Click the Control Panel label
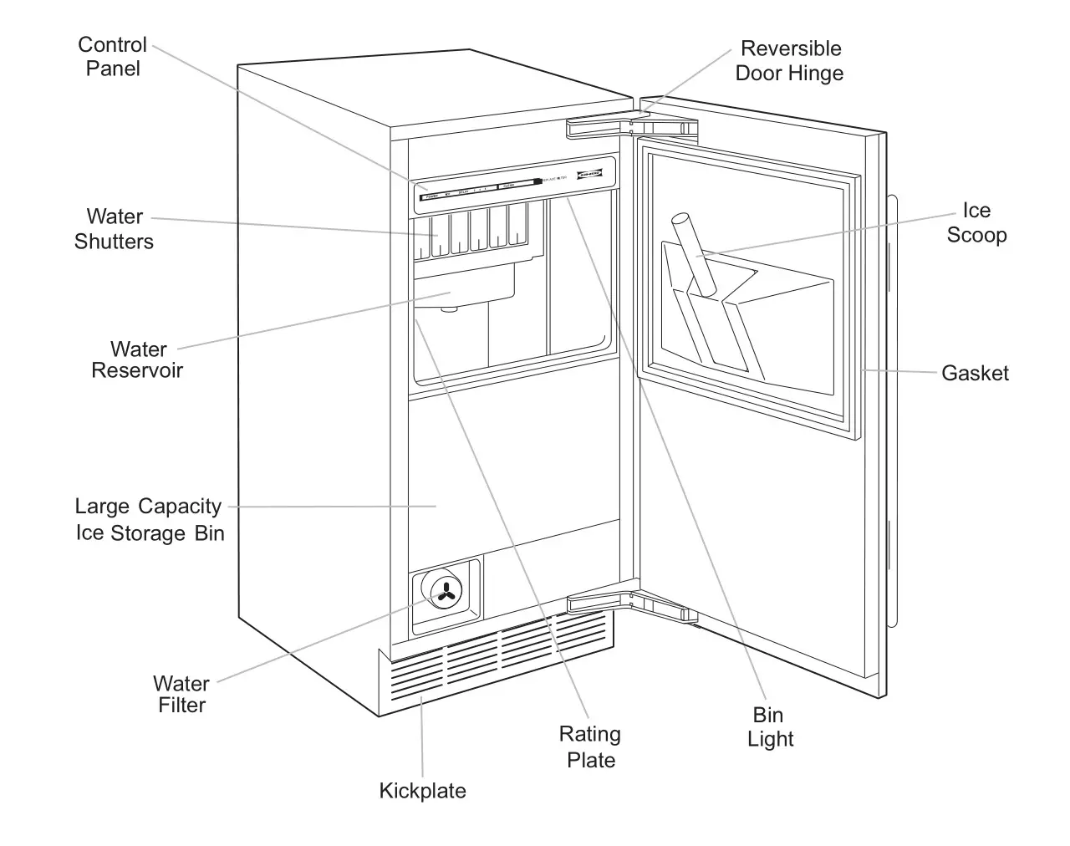tap(112, 57)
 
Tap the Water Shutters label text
tap(115, 229)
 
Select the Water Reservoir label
tap(137, 359)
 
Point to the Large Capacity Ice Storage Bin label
tap(149, 519)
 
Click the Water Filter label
tap(181, 694)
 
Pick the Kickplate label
tap(422, 791)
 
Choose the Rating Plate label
tap(590, 747)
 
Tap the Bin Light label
tap(769, 726)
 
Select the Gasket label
tap(975, 373)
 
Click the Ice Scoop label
tap(976, 223)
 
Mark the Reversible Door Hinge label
tap(789, 61)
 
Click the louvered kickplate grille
tap(497, 660)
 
